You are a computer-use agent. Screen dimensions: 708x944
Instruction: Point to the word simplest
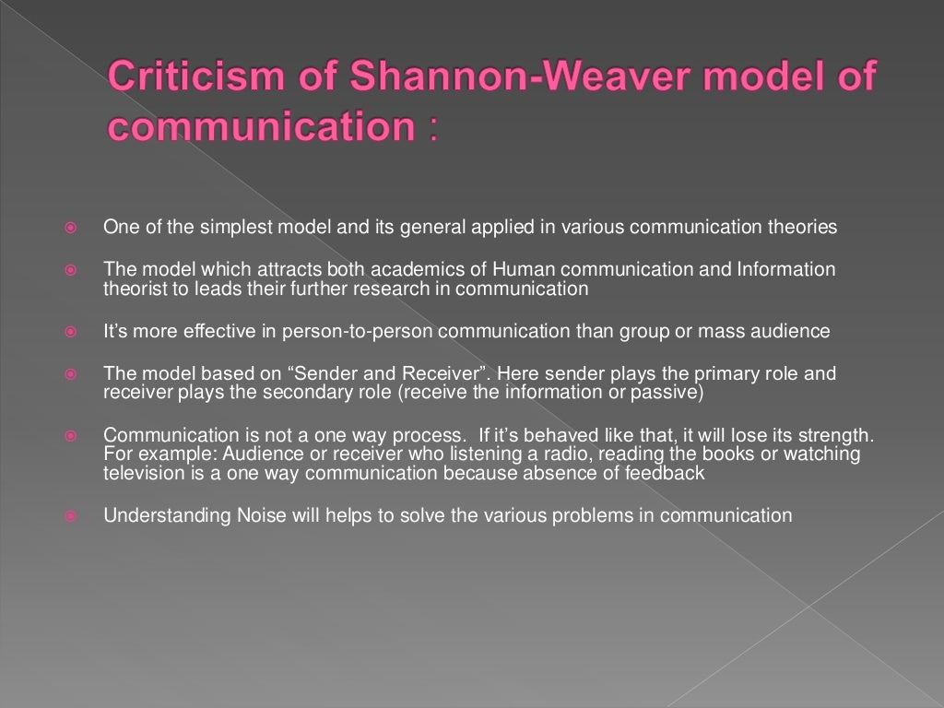pos(209,227)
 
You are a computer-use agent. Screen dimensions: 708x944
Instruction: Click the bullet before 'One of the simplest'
pos(69,228)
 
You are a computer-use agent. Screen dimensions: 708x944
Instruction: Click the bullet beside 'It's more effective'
pos(69,332)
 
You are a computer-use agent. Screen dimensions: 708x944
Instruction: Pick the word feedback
pos(663,473)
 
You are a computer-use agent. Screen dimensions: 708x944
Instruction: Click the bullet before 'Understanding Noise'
pos(69,516)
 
